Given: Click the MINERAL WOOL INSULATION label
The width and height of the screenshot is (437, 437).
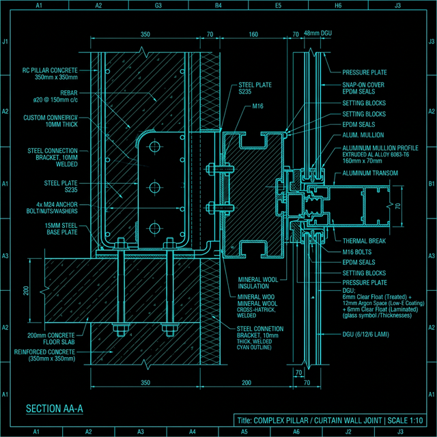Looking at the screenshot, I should [x=256, y=283].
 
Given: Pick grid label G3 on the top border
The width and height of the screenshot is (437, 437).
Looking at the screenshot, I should [x=158, y=5].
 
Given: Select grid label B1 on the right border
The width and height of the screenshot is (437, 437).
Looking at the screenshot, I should [x=431, y=184].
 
